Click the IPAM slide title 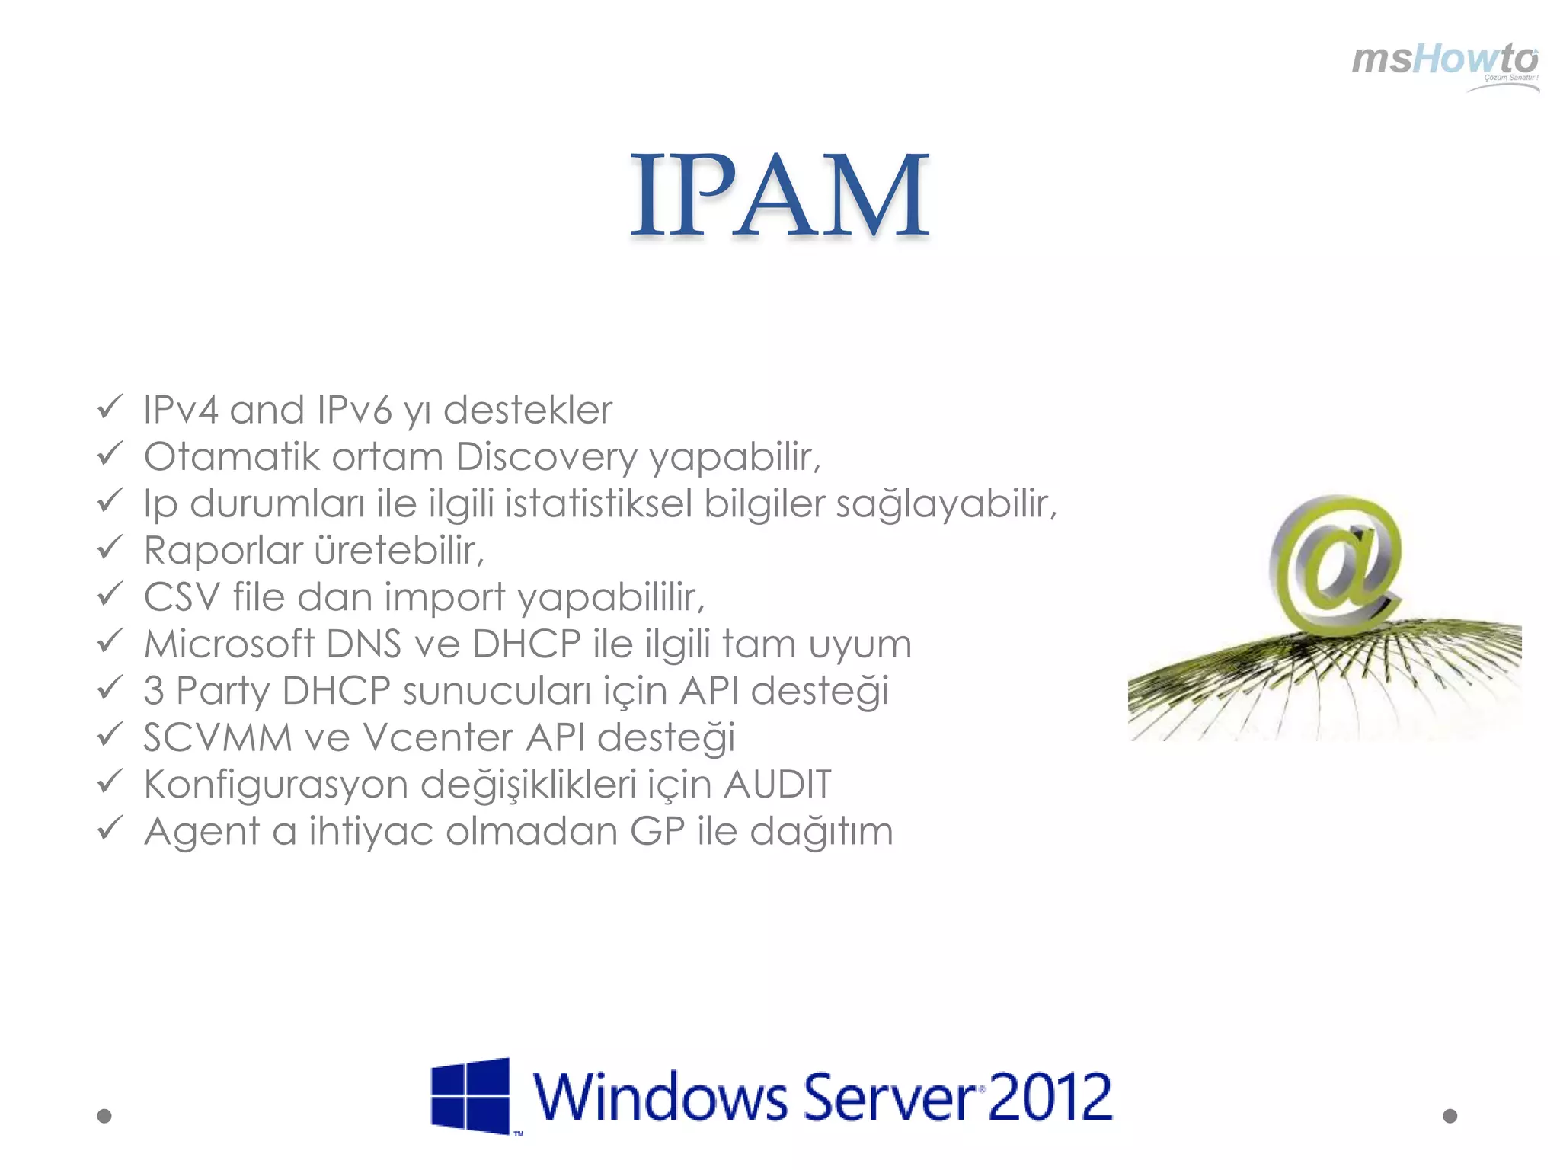coord(780,196)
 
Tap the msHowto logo coord(1445,64)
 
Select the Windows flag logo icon coord(471,1095)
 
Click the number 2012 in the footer coord(1050,1097)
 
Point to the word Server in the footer coord(890,1097)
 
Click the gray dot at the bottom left coord(104,1116)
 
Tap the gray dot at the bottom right coord(1450,1116)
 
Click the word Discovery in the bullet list coord(546,457)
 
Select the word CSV coord(181,597)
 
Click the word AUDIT coord(777,785)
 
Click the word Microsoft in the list coord(229,644)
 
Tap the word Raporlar coord(223,551)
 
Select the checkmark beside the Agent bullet coord(110,828)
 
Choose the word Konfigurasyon coord(276,785)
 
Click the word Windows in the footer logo coord(660,1097)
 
